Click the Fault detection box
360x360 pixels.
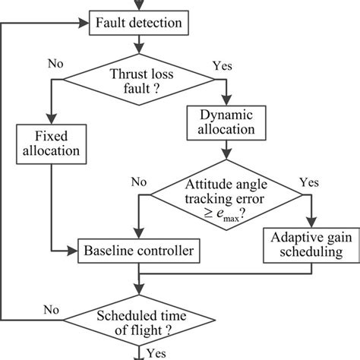[138, 23]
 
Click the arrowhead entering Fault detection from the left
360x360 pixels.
[85, 23]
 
